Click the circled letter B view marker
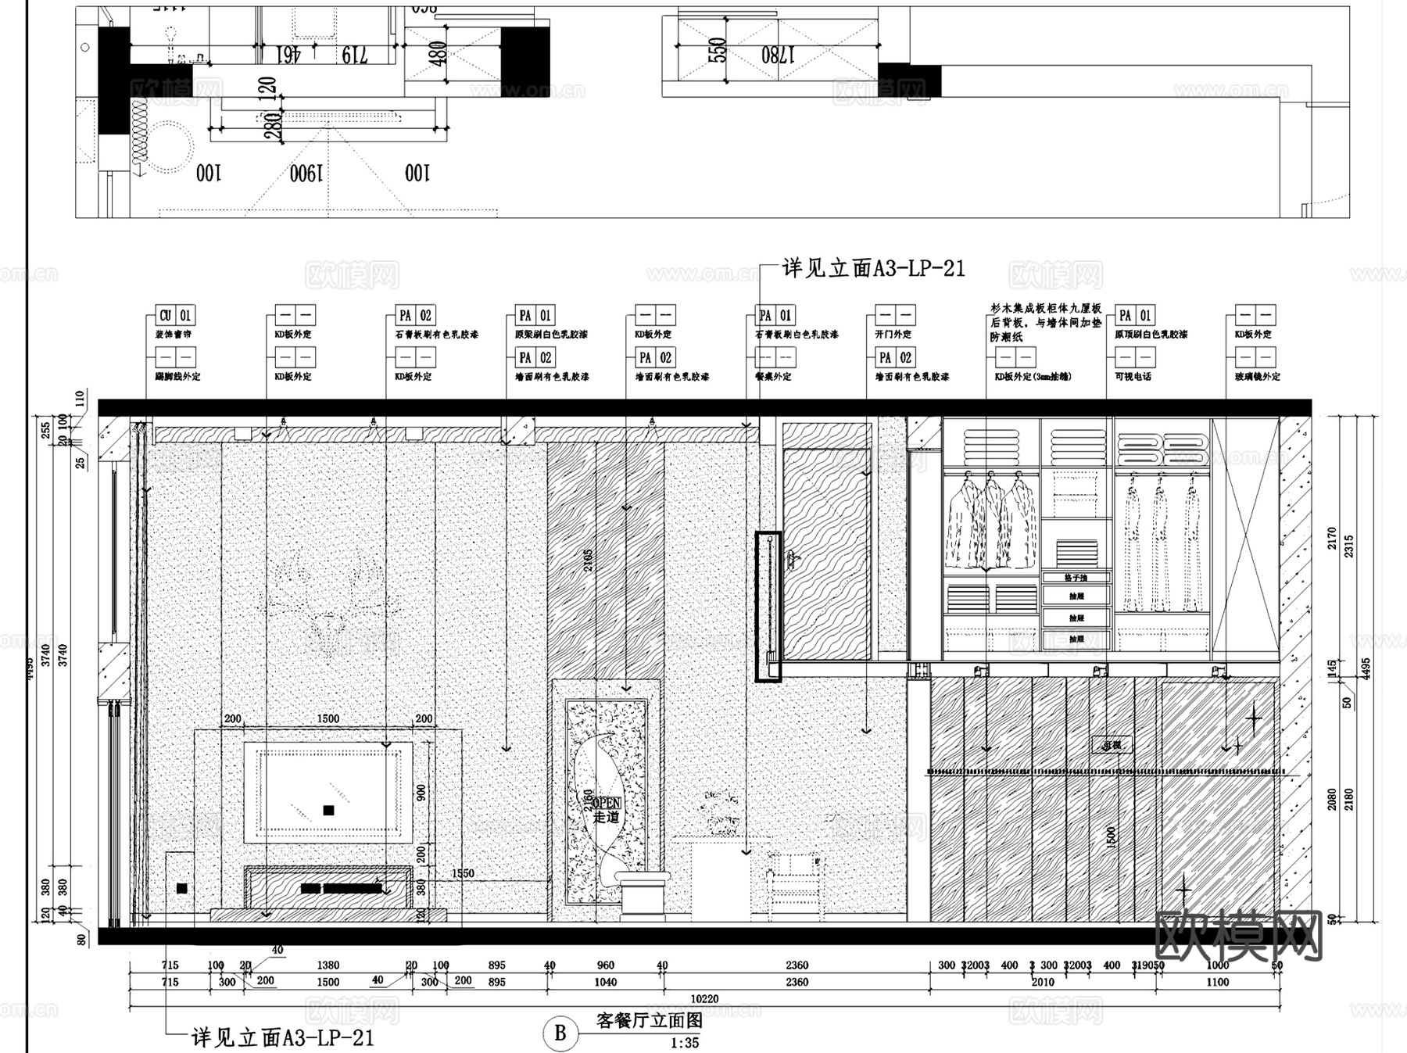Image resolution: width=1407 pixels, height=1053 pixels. [560, 1033]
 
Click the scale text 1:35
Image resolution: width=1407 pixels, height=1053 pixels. [685, 1043]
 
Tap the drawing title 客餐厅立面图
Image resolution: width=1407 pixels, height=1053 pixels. [649, 1021]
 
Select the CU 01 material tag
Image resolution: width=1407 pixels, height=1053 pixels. [175, 316]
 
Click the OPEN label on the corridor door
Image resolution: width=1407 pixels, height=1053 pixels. [607, 803]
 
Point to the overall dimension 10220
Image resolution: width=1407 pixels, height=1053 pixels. [704, 998]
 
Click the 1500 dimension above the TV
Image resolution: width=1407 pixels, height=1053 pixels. [328, 718]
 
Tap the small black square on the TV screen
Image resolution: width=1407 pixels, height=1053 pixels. [328, 810]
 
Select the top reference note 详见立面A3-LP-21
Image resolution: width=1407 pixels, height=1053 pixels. [873, 269]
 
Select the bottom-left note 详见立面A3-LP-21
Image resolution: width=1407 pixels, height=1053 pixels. [283, 1038]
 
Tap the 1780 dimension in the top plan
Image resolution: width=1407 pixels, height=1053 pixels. [778, 55]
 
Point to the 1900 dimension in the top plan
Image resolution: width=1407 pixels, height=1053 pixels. [306, 174]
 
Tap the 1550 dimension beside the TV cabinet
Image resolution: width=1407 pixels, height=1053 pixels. [463, 873]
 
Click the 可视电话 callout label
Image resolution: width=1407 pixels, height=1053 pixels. [1133, 376]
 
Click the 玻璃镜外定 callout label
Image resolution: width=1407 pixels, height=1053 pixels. [1257, 376]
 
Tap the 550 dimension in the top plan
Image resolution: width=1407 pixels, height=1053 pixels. [717, 50]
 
